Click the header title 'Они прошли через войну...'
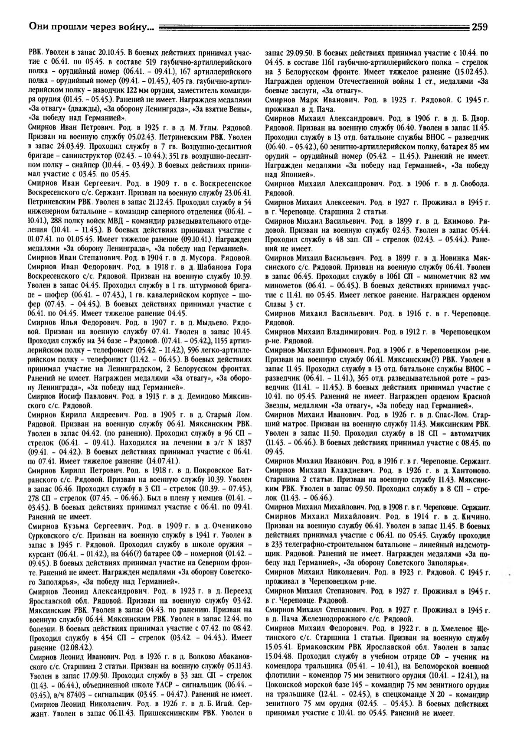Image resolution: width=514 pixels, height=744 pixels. pyautogui.click(x=91, y=27)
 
